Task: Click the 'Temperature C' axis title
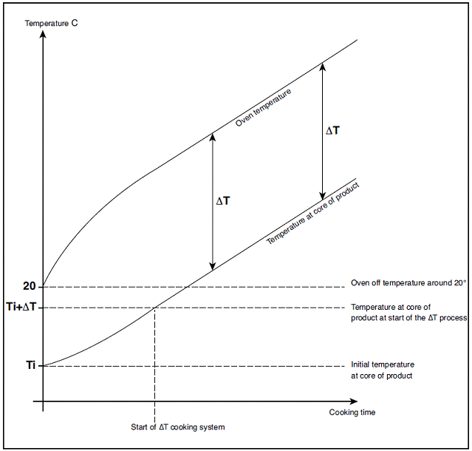(51, 23)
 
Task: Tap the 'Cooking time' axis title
(352, 412)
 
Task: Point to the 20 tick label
(30, 286)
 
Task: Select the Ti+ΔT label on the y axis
(21, 307)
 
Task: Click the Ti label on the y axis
(31, 365)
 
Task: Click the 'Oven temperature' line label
(263, 107)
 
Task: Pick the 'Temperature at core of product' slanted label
(312, 213)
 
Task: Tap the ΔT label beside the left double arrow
(223, 201)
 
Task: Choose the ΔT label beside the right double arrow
(333, 131)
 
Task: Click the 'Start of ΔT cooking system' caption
(177, 427)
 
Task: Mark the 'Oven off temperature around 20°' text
(408, 283)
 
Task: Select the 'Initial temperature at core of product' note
(383, 370)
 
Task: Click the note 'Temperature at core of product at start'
(408, 313)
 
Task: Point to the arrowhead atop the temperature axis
(44, 34)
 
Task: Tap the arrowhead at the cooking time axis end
(354, 401)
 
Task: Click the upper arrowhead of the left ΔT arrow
(213, 137)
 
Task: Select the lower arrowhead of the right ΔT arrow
(322, 196)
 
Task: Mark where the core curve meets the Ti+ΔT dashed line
(154, 308)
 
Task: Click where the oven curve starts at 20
(44, 286)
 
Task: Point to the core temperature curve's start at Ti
(44, 366)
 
